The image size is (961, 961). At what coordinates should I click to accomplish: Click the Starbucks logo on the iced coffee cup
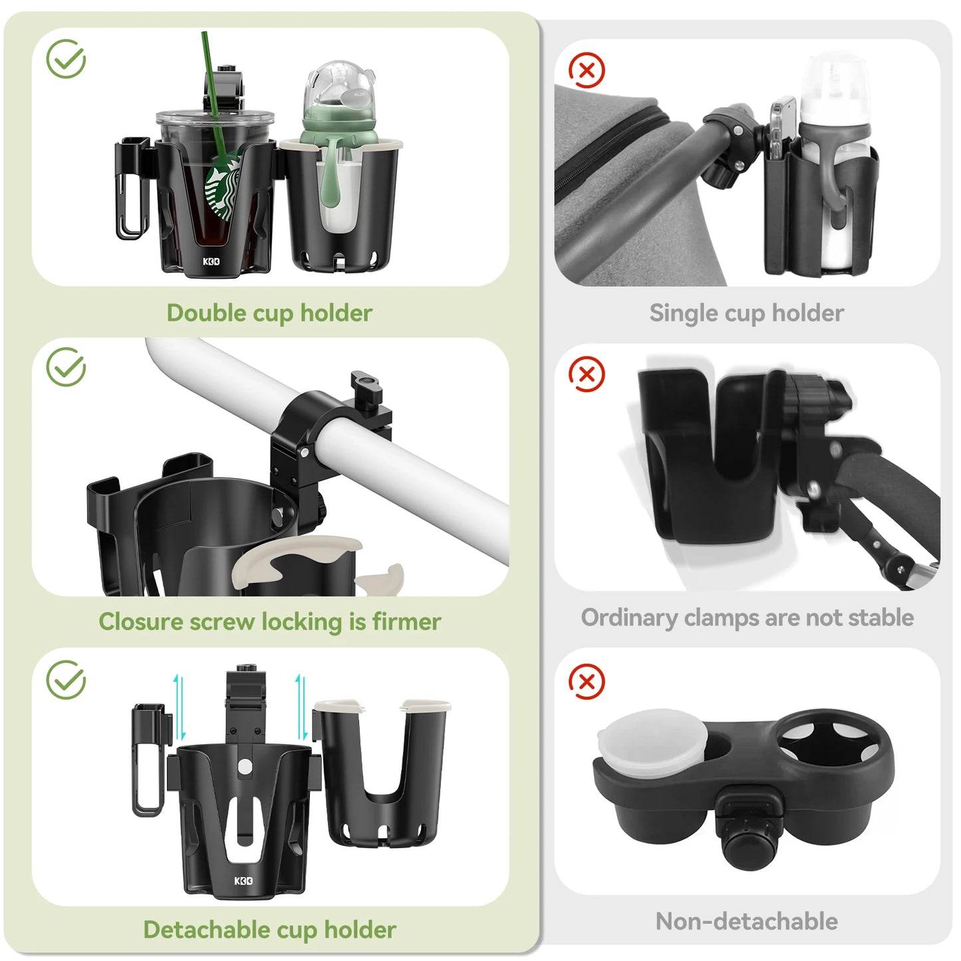pyautogui.click(x=223, y=190)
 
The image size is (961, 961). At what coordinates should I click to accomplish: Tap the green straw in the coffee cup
pyautogui.click(x=214, y=100)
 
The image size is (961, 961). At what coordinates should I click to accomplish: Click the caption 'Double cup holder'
pyautogui.click(x=269, y=313)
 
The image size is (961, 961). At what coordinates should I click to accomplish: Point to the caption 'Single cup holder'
pyautogui.click(x=746, y=313)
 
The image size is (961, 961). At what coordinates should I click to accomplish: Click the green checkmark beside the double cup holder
pyautogui.click(x=66, y=59)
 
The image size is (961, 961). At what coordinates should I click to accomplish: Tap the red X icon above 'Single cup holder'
pyautogui.click(x=587, y=70)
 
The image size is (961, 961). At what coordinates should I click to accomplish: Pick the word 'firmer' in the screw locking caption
pyautogui.click(x=406, y=622)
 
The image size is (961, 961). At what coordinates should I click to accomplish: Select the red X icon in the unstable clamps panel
pyautogui.click(x=587, y=374)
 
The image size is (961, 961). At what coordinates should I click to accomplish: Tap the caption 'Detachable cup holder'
pyautogui.click(x=269, y=930)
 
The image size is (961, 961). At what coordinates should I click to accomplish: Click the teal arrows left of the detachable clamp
pyautogui.click(x=178, y=707)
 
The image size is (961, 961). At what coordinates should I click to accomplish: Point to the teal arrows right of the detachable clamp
pyautogui.click(x=301, y=707)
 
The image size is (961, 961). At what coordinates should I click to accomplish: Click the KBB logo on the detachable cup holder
pyautogui.click(x=243, y=881)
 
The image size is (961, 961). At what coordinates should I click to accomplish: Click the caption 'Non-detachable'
pyautogui.click(x=746, y=921)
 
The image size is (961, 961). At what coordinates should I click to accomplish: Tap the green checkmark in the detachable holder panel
pyautogui.click(x=66, y=680)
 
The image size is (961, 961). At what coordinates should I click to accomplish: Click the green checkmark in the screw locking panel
pyautogui.click(x=66, y=366)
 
